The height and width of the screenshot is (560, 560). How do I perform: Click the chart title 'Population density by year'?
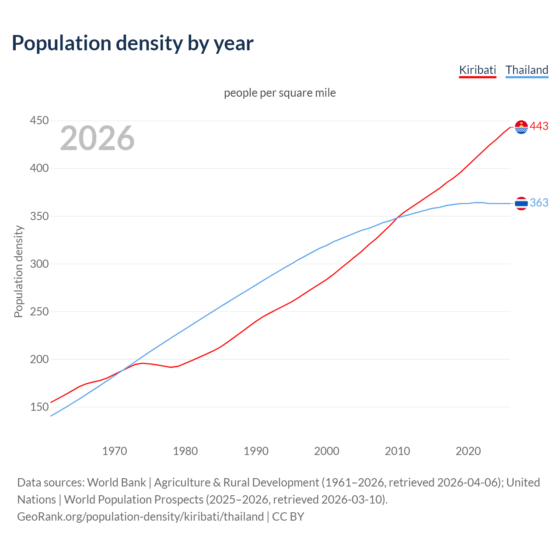[133, 43]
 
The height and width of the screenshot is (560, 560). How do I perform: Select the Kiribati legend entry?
[477, 70]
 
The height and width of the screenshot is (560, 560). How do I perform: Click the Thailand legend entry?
[527, 70]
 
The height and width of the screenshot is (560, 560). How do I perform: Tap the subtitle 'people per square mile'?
[280, 93]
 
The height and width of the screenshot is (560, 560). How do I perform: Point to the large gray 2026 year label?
[97, 138]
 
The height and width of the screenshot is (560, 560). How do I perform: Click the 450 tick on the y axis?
[39, 120]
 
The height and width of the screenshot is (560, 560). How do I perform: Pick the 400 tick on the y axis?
[39, 168]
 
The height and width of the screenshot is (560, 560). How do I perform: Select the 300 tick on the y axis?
[39, 264]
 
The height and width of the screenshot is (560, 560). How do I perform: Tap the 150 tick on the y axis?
[39, 407]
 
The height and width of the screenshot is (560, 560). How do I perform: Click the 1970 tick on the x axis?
[115, 451]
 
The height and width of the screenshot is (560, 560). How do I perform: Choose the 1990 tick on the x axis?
[256, 451]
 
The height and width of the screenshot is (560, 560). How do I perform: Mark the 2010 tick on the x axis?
[397, 451]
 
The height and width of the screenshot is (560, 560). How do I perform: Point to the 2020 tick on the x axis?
[468, 451]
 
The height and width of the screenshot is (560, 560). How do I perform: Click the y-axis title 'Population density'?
[18, 271]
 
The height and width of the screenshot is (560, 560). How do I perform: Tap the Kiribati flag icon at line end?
[521, 127]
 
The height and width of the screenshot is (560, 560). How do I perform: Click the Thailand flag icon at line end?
[521, 203]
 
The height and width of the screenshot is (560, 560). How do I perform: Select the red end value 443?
[539, 126]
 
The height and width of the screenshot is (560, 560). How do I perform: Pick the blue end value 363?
[539, 203]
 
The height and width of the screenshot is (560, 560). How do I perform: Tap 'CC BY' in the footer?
[288, 516]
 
